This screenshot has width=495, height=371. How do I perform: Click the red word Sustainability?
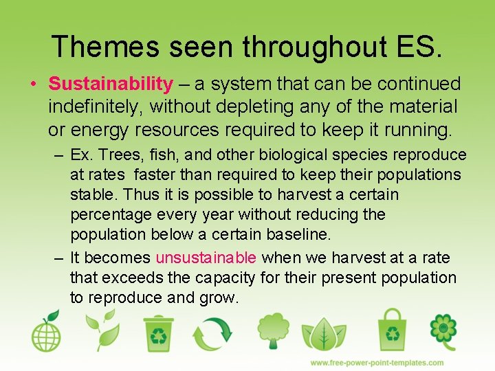pyautogui.click(x=111, y=85)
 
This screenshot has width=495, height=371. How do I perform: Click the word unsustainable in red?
pyautogui.click(x=206, y=258)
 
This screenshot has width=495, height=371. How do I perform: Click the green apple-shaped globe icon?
pyautogui.click(x=45, y=332)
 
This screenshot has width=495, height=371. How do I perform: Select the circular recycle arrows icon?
pyautogui.click(x=212, y=333)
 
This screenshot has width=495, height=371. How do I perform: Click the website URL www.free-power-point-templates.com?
pyautogui.click(x=376, y=363)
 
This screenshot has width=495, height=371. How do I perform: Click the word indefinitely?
pyautogui.click(x=94, y=107)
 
